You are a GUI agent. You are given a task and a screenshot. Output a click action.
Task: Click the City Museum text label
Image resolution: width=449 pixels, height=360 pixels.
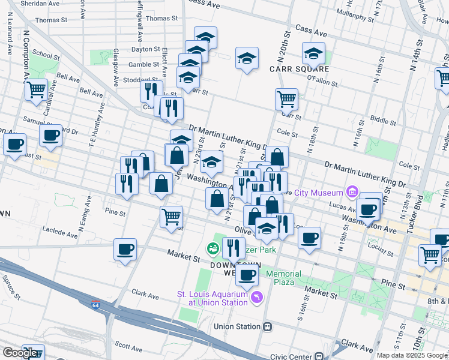pyautogui.click(x=319, y=192)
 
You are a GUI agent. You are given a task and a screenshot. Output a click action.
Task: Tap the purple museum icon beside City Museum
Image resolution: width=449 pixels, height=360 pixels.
pyautogui.click(x=352, y=192)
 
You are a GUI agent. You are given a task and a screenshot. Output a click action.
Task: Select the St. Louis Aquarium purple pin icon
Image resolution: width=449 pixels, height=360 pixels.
pyautogui.click(x=258, y=297)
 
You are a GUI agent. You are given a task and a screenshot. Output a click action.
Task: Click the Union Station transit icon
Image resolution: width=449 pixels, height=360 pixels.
pyautogui.click(x=268, y=327)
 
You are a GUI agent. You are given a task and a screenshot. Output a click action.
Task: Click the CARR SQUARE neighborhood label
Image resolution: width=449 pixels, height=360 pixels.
pyautogui.click(x=292, y=69)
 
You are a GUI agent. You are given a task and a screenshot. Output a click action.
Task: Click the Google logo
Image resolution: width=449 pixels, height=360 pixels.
pyautogui.click(x=20, y=353)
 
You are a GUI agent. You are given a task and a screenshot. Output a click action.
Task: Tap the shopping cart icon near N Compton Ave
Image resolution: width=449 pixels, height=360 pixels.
pyautogui.click(x=36, y=89)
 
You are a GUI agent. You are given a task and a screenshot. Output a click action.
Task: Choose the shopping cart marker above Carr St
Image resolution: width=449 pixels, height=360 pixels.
pyautogui.click(x=286, y=99)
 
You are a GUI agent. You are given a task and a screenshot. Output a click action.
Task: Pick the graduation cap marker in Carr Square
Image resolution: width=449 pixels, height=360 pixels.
pyautogui.click(x=313, y=53)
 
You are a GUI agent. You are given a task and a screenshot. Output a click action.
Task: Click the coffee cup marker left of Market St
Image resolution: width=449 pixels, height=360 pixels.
pyautogui.click(x=125, y=249)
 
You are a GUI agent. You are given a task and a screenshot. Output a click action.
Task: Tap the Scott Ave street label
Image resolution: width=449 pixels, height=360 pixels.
pyautogui.click(x=128, y=345)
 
